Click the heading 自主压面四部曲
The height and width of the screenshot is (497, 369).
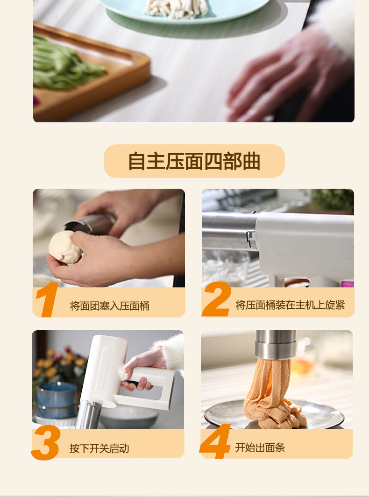194,161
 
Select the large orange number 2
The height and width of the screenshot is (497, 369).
217,299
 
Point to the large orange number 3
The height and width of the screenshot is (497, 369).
46,443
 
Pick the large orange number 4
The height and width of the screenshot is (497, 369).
215,441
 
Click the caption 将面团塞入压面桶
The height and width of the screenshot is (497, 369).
109,306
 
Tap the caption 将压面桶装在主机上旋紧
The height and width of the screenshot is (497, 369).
290,305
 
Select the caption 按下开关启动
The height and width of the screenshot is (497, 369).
99,448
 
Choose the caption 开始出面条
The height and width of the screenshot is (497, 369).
260,447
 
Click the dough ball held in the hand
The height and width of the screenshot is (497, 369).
65,247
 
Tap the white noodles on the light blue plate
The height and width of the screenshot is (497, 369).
176,8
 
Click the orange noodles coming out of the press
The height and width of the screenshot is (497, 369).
273,393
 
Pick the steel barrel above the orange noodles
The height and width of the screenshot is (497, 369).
275,345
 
